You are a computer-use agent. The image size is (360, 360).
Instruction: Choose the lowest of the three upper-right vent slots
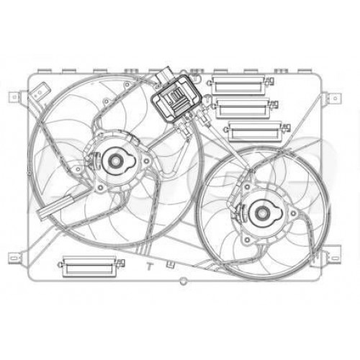point(253,131)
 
